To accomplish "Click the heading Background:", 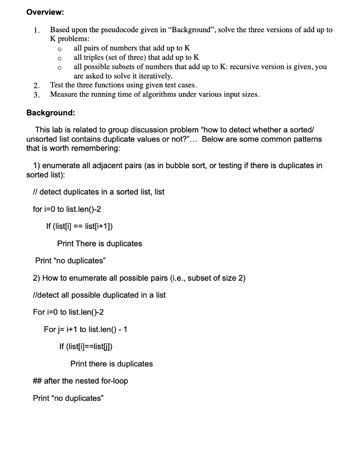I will click(50, 113).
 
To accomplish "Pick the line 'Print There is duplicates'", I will click(99, 244).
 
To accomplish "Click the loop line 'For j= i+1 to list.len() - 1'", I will click(86, 329).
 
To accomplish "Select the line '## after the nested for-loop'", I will click(81, 381).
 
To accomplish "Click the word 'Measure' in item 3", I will click(64, 94).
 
